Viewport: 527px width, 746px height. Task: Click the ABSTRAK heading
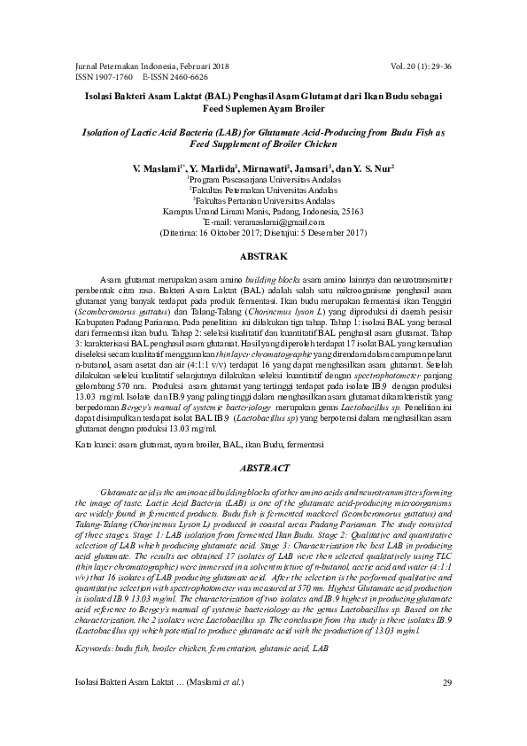pyautogui.click(x=263, y=255)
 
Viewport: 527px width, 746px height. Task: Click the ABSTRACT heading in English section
pyautogui.click(x=263, y=467)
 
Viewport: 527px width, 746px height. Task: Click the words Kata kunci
pyautogui.click(x=92, y=440)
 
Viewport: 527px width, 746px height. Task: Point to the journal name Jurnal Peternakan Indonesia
pyautogui.click(x=127, y=66)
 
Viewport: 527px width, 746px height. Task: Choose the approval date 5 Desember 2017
pyautogui.click(x=330, y=234)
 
